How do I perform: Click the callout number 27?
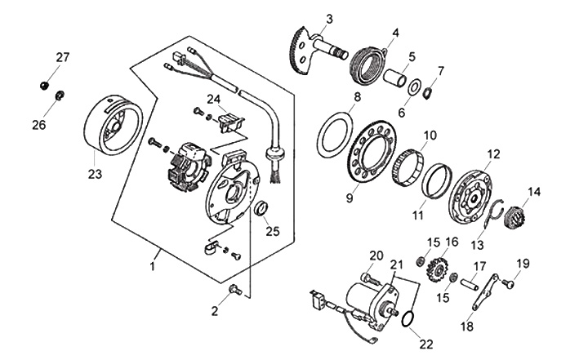63,57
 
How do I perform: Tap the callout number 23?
94,173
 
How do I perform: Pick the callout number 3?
329,18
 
